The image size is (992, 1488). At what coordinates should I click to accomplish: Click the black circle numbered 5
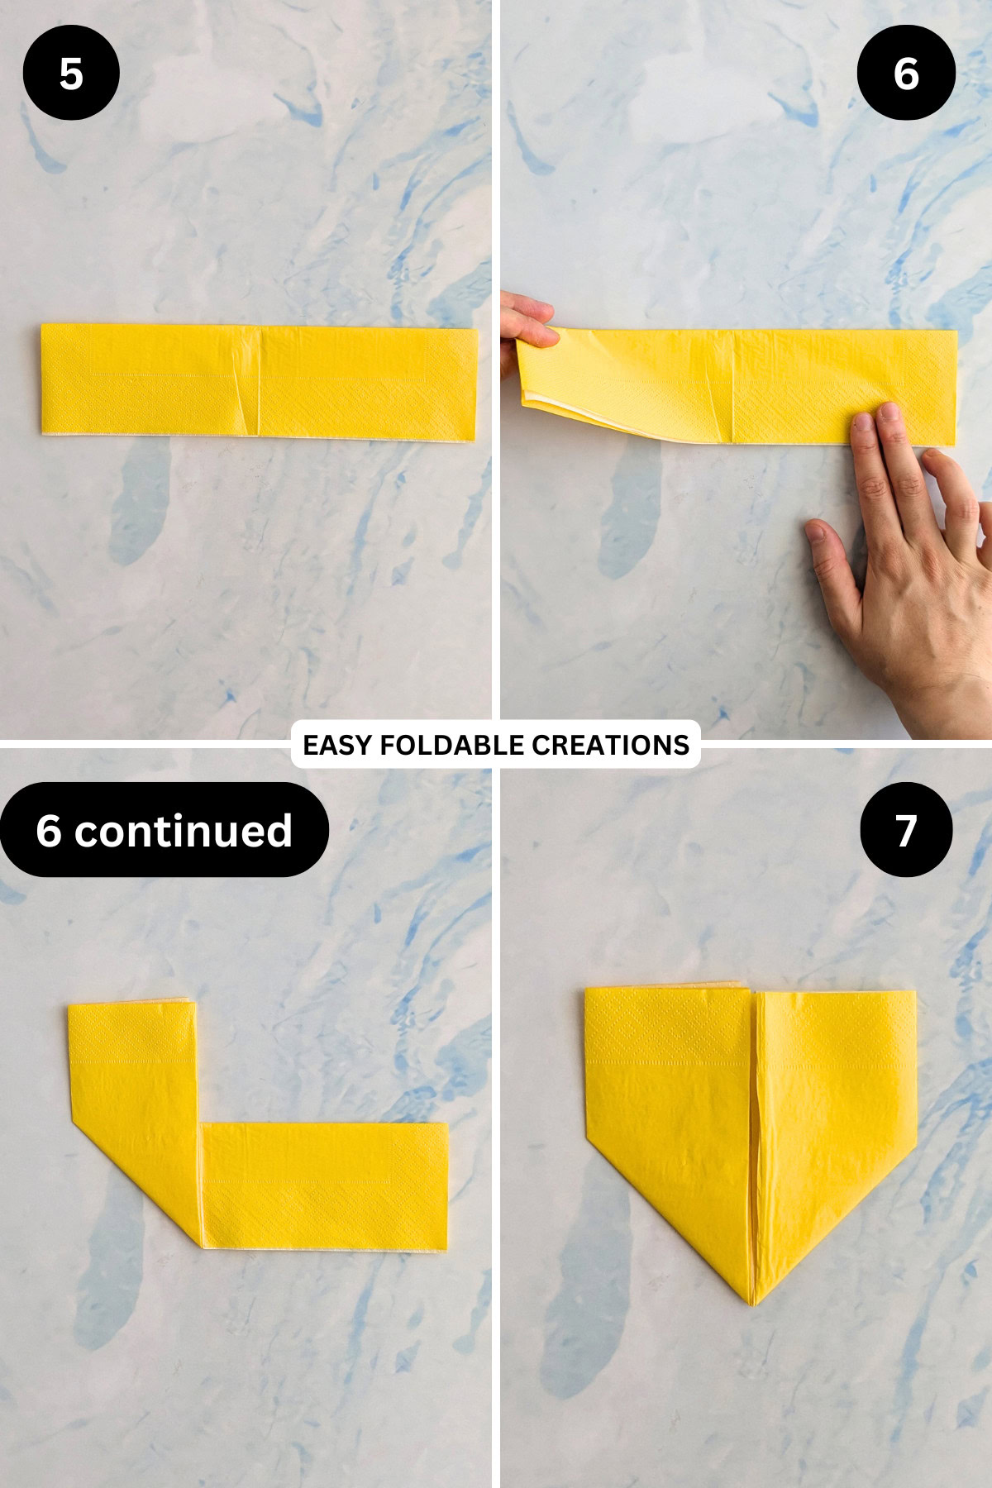pyautogui.click(x=71, y=73)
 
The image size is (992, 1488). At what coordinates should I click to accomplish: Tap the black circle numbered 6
pyautogui.click(x=906, y=73)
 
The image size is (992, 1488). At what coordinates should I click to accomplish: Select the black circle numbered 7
pyautogui.click(x=906, y=829)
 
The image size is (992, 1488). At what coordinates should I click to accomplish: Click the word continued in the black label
pyautogui.click(x=184, y=831)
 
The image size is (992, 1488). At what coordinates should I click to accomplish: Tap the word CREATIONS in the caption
pyautogui.click(x=610, y=745)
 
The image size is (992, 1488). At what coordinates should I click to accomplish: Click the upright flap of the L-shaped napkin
pyautogui.click(x=132, y=1066)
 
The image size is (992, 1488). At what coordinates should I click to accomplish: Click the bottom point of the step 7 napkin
pyautogui.click(x=753, y=1303)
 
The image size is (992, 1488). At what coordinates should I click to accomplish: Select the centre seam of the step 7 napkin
pyautogui.click(x=754, y=1141)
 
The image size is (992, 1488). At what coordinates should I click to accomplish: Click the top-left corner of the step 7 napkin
pyautogui.click(x=587, y=990)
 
